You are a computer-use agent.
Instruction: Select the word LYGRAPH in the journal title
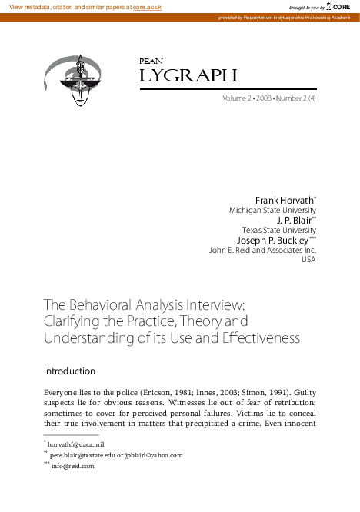[188, 75]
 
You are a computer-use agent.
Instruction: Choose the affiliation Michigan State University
[272, 211]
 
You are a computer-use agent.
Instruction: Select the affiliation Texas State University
[278, 230]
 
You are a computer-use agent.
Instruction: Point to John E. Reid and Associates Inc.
[262, 250]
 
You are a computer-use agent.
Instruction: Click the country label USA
[308, 259]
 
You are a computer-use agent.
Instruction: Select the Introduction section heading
[69, 371]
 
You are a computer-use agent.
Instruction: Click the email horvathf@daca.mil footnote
[76, 444]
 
